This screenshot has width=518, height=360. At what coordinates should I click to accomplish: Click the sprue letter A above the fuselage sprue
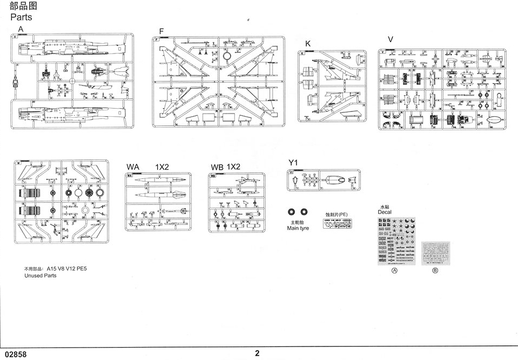point(21,29)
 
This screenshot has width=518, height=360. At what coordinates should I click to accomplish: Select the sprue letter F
point(161,31)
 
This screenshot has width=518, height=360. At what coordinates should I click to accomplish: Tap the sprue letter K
point(308,43)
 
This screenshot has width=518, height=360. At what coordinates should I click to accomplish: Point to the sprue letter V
point(391,39)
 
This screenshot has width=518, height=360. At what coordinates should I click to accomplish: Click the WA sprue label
point(133,166)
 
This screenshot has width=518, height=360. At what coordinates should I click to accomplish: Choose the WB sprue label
point(217,167)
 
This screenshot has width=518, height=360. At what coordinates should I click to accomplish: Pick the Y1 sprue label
point(293,162)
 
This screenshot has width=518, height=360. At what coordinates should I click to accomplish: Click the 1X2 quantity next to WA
point(162,166)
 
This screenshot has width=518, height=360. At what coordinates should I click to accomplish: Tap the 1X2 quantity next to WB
point(233,166)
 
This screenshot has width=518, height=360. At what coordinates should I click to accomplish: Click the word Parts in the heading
point(21,17)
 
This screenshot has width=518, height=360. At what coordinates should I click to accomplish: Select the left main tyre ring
point(292,212)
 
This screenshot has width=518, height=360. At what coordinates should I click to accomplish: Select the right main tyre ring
point(305,212)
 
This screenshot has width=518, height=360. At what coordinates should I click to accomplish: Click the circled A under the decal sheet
point(394,270)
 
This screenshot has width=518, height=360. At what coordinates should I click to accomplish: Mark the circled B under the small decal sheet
point(435,270)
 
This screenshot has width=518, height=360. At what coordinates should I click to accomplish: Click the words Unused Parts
point(41,275)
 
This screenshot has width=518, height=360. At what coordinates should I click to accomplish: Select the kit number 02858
point(14,354)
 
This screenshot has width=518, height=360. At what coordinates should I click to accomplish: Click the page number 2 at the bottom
point(258,354)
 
